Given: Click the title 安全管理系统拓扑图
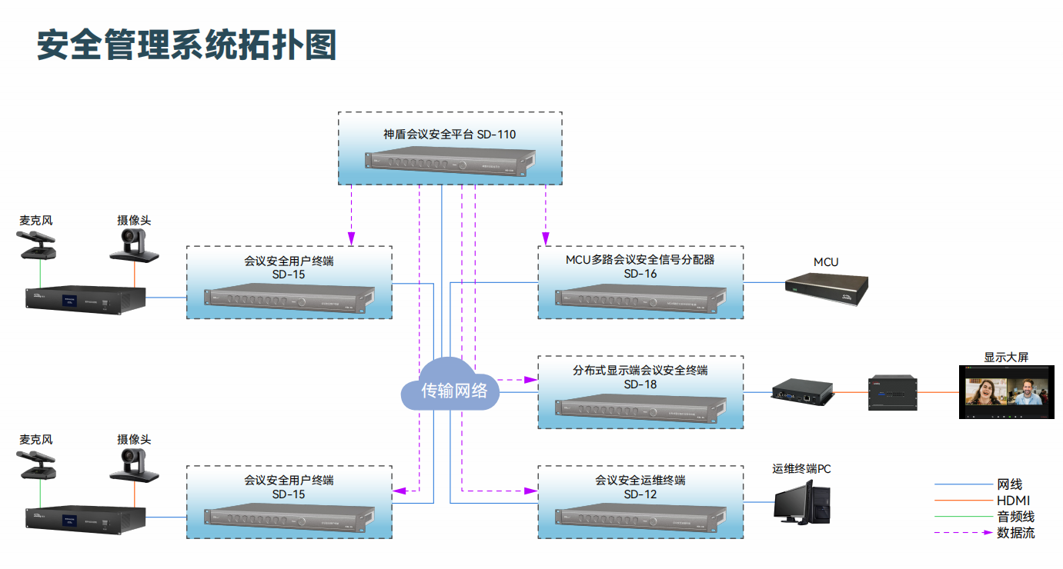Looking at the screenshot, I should point(187,45).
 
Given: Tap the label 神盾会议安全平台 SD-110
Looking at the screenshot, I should point(450,135).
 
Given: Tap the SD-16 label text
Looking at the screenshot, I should point(640,274).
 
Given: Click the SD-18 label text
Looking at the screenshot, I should point(640,384).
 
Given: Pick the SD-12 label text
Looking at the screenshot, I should point(640,494).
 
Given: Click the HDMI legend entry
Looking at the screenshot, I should point(1013,501).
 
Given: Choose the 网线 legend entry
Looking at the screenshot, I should point(1009,484).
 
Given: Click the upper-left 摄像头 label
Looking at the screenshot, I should point(134,221).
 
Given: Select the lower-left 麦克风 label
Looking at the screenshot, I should point(36,440).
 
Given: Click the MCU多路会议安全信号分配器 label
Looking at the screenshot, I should point(640,260).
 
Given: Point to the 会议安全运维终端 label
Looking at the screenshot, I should point(640,481).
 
